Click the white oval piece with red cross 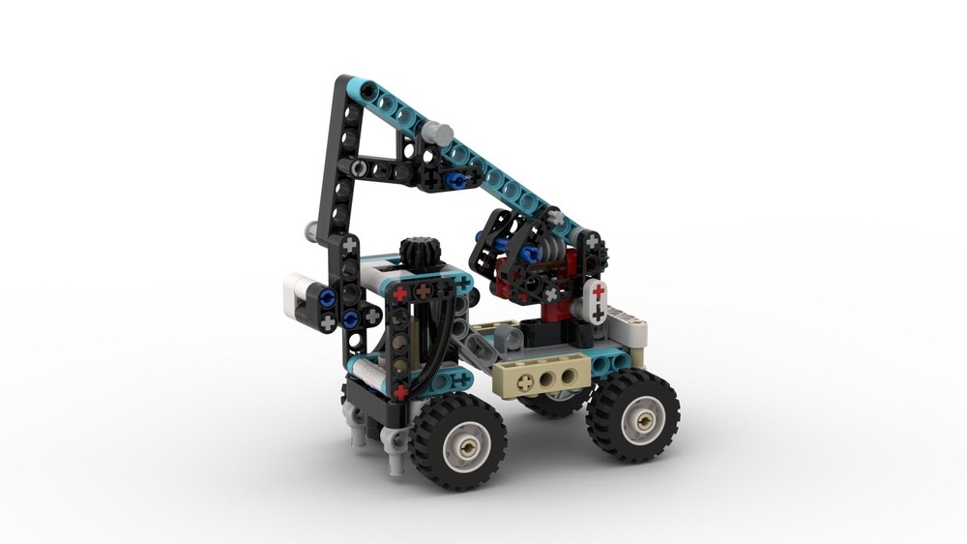click(x=598, y=302)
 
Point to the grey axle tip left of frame click(x=311, y=230)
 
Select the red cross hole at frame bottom click(x=400, y=392)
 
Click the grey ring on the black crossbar click(x=359, y=168)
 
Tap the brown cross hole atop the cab click(x=423, y=289)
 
